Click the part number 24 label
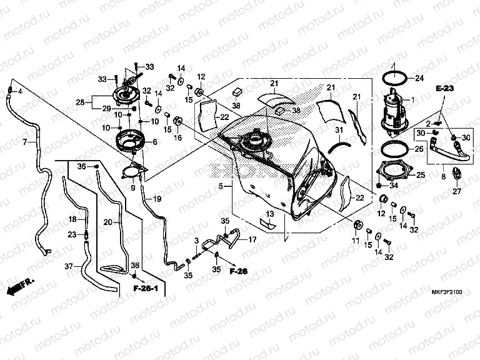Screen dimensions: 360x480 [x=419, y=78]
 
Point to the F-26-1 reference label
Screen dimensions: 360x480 [x=148, y=288]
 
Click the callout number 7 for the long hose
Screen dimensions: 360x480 [x=25, y=142]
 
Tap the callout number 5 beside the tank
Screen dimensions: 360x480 [x=221, y=186]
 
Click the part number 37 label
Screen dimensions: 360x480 [x=68, y=266]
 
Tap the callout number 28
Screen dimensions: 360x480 [x=80, y=102]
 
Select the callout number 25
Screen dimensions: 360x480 [x=420, y=175]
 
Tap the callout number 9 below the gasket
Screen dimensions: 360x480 [x=132, y=187]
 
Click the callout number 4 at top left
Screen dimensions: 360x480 [x=20, y=92]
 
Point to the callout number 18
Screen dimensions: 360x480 [x=72, y=219]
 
